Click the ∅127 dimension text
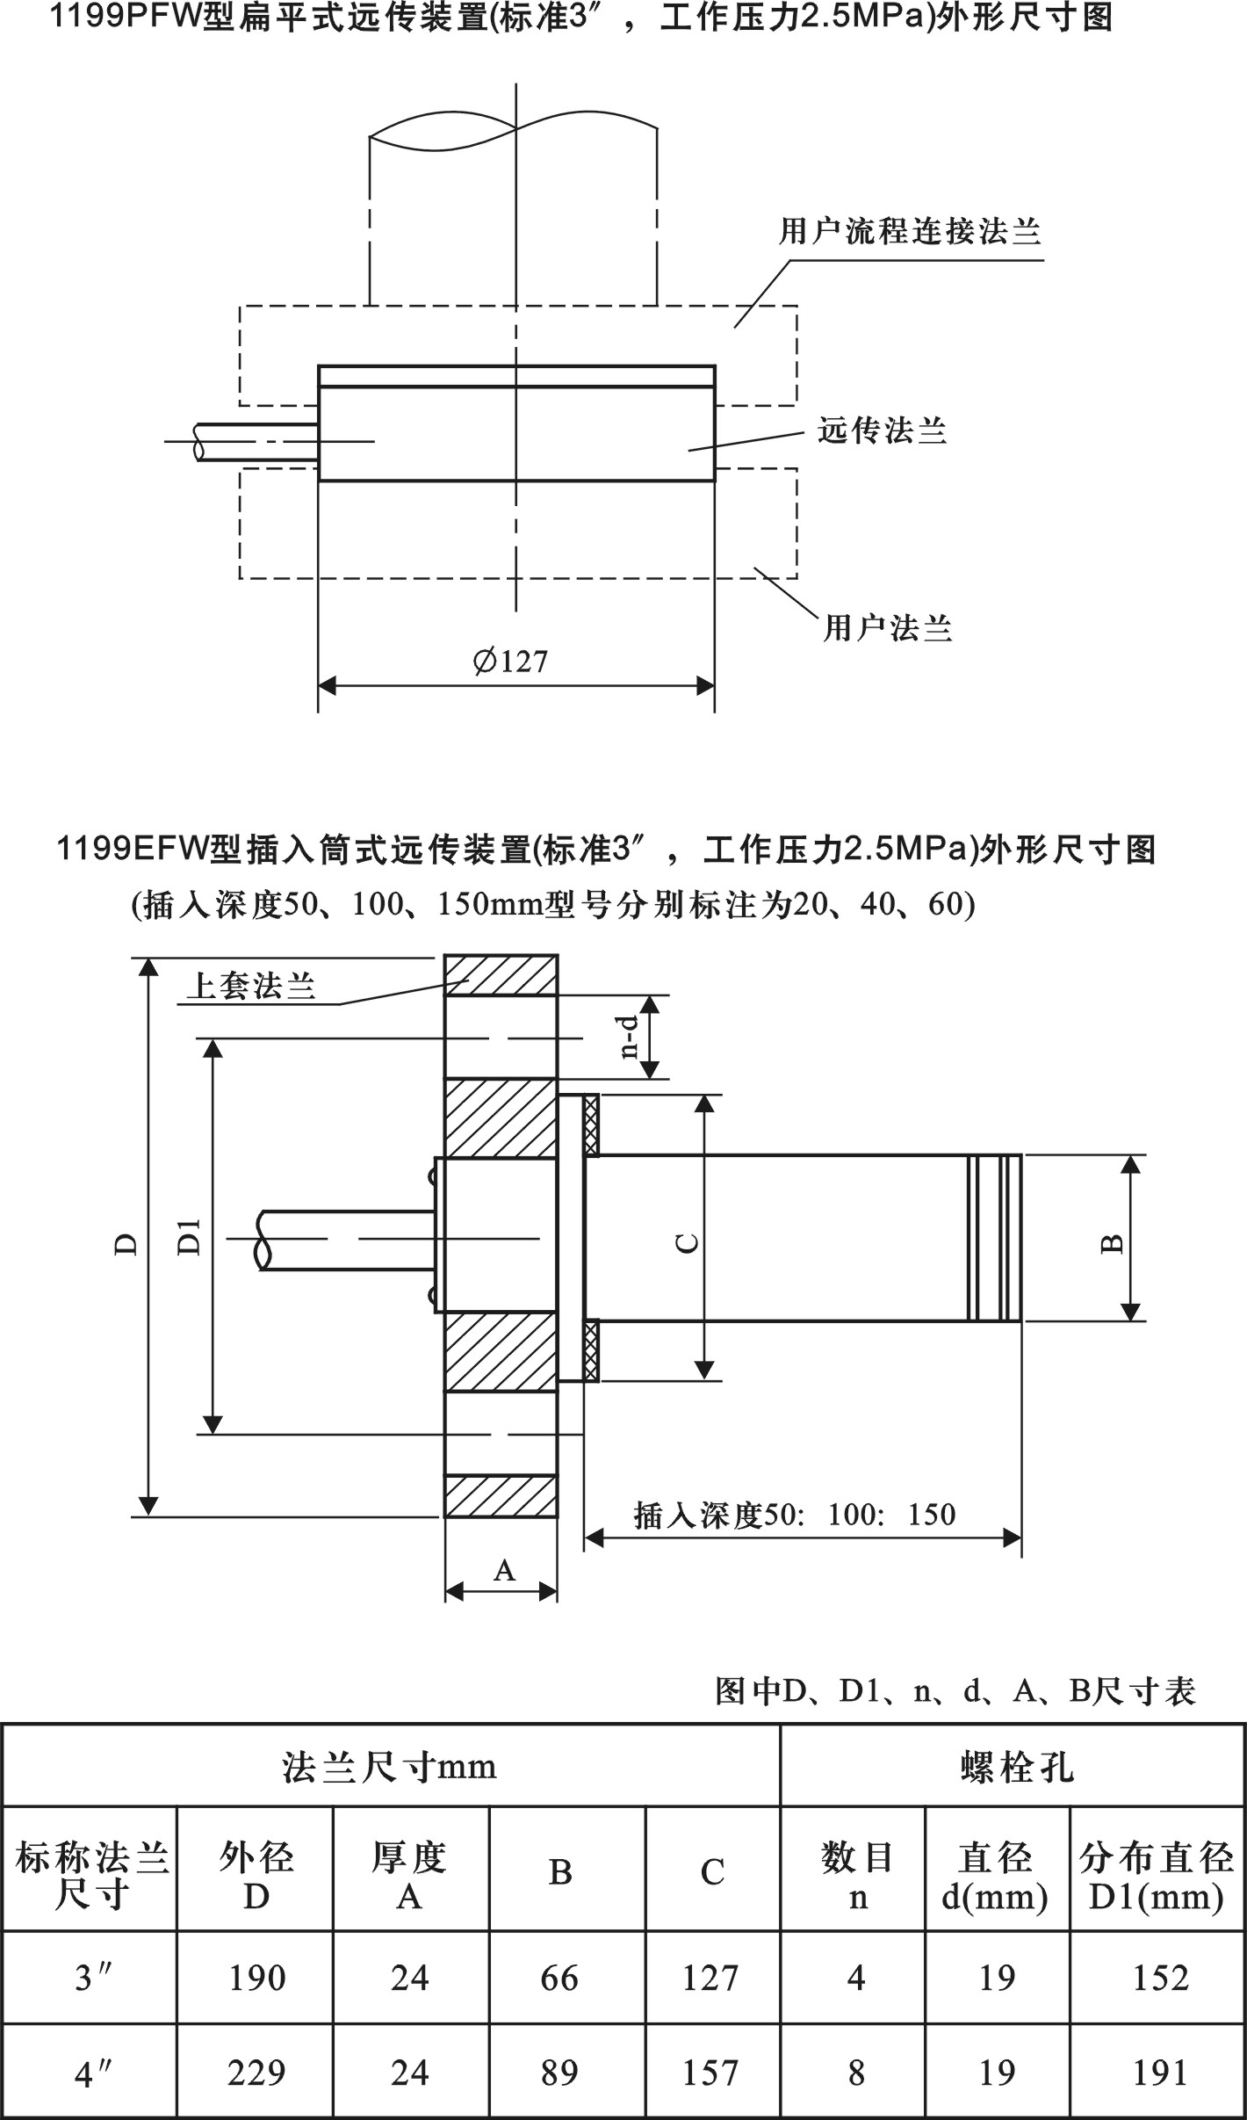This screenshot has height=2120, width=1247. (x=510, y=661)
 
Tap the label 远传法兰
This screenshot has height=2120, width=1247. (x=882, y=431)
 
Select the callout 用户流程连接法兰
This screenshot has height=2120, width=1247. (x=910, y=232)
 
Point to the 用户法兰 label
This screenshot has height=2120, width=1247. (x=887, y=628)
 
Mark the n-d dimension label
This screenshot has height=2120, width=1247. (x=629, y=1037)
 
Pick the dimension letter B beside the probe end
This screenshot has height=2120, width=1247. (x=1113, y=1243)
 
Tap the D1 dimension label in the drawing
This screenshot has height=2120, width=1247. (x=191, y=1236)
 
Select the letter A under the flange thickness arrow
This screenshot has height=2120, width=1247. (x=503, y=1570)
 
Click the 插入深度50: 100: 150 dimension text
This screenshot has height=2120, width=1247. (x=795, y=1514)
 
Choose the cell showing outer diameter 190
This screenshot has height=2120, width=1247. (x=256, y=1978)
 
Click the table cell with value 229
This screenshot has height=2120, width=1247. (x=256, y=2073)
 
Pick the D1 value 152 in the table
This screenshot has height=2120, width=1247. (x=1160, y=1978)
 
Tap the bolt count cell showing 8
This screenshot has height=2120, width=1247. (x=856, y=2073)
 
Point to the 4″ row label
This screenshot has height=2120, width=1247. (x=90, y=2073)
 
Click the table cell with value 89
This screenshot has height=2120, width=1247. (x=560, y=2073)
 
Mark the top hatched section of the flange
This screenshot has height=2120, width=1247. (x=501, y=974)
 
